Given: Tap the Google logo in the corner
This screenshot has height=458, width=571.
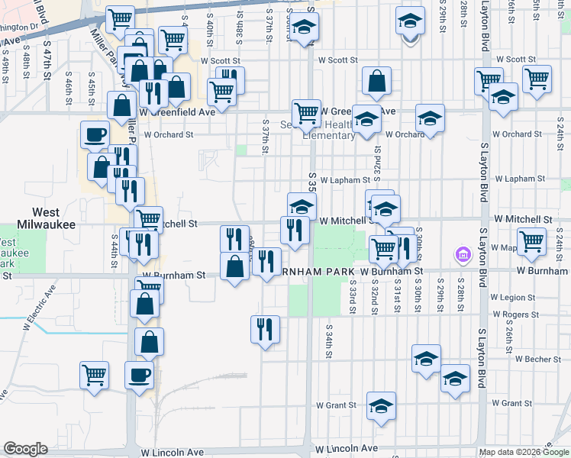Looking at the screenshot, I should point(25,448).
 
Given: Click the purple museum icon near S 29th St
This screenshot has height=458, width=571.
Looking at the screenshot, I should point(461,253).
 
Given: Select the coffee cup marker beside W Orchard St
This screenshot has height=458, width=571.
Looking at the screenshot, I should point(95,134).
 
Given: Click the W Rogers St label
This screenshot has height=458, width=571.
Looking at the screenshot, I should point(516,314).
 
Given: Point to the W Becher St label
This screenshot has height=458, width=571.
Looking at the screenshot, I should point(537,358).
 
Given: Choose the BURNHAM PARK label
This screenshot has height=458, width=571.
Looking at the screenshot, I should point(314,271).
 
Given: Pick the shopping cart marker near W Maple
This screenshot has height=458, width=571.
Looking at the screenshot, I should point(531,241).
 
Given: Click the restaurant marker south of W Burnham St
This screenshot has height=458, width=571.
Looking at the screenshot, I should point(265,330).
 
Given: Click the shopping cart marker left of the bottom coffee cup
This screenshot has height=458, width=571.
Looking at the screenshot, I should point(94,375).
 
